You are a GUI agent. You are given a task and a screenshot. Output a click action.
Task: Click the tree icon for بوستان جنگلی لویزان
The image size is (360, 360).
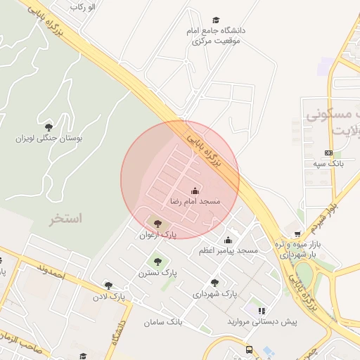tap(49, 127)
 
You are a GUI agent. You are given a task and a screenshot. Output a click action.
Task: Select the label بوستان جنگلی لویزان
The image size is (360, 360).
tap(49, 139)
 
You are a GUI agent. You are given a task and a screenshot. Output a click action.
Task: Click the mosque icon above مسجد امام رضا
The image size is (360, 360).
tap(195, 190)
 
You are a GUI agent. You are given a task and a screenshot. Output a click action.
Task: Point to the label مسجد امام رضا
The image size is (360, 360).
tap(195, 201)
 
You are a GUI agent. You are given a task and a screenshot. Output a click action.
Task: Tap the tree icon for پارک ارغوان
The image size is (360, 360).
tap(157, 224)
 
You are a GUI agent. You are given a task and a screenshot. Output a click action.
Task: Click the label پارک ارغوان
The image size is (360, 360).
tap(157, 235)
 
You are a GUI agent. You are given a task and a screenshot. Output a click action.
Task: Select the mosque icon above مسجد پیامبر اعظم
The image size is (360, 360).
tap(228, 240)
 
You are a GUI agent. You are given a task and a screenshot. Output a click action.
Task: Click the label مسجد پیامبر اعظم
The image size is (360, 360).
tap(228, 251)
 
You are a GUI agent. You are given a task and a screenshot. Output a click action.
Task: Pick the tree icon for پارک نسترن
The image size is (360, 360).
tap(157, 262)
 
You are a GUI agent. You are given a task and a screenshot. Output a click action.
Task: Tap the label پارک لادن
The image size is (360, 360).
tap(108, 296)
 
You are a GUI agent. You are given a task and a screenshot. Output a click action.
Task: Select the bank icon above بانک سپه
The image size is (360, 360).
tap(328, 153)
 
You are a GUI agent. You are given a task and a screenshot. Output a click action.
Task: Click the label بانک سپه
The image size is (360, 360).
tap(328, 163)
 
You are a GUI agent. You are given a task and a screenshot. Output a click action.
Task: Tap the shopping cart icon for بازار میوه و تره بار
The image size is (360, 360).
tap(298, 234)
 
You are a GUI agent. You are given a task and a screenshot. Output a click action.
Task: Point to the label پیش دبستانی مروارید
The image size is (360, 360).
tap(262, 321)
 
